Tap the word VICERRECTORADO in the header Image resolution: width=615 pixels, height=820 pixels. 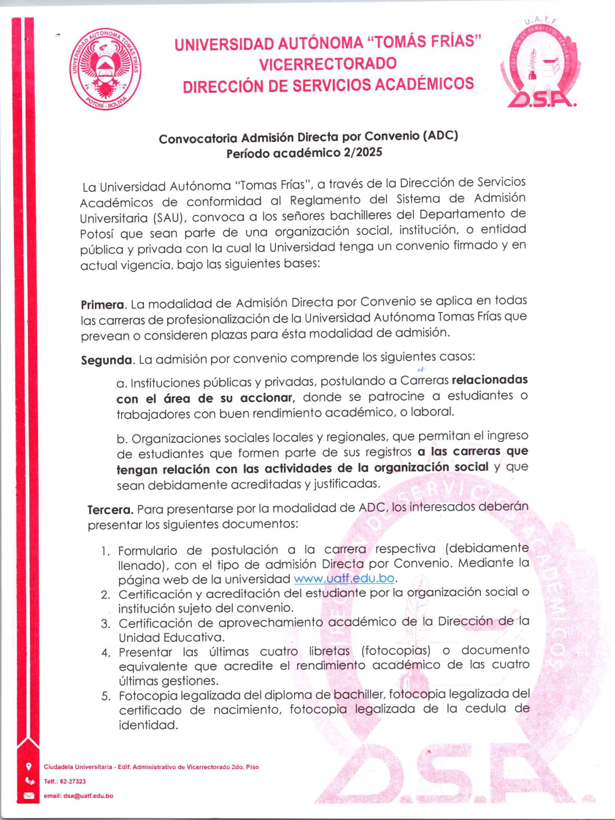[328, 64]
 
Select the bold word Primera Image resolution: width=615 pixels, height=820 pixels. [102, 305]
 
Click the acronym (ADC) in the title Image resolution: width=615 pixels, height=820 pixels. [440, 136]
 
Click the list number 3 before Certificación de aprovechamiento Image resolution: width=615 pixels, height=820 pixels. [106, 623]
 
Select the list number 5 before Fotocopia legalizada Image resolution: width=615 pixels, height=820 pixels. [106, 696]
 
